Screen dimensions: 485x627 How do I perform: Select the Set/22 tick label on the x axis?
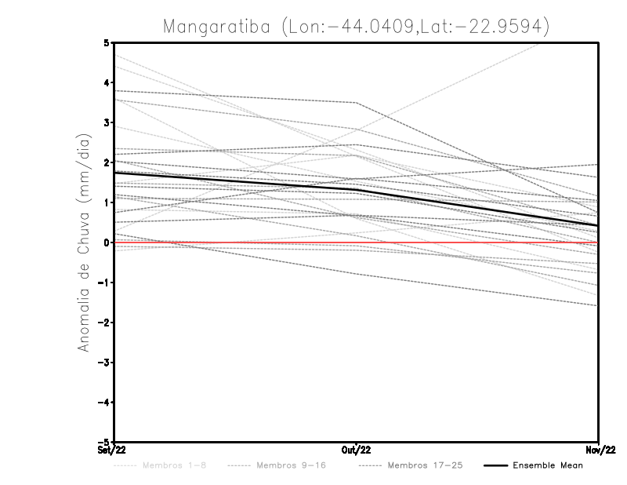(x=111, y=450)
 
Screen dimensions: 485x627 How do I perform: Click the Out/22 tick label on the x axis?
(x=357, y=450)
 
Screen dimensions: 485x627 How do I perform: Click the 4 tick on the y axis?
(x=107, y=82)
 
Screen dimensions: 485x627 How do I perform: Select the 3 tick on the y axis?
(x=107, y=122)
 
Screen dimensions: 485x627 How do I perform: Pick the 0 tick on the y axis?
(x=107, y=242)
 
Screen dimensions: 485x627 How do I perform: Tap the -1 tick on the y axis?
(x=104, y=283)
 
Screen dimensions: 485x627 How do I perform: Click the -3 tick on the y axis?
(x=104, y=363)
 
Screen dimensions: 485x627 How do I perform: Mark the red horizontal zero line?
(x=470, y=242)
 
